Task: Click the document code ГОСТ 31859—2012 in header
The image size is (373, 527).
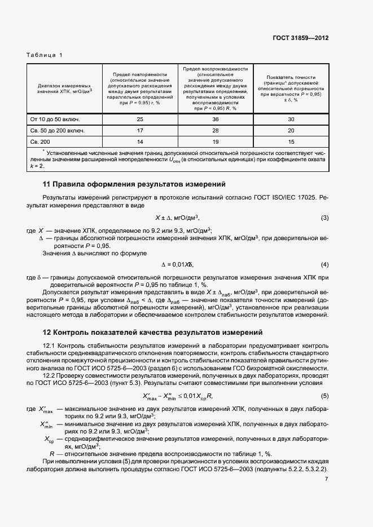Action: tap(300, 38)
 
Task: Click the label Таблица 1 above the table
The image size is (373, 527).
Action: tap(45, 55)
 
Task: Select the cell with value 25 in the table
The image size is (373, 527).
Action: tap(140, 119)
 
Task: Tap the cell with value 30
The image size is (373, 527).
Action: tap(291, 119)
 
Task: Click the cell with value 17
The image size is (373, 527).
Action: tap(140, 131)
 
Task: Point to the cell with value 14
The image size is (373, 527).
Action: tap(140, 142)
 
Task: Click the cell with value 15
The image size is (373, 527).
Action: tap(291, 142)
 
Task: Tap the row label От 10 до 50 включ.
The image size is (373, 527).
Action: tap(55, 119)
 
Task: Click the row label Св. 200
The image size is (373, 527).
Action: tap(40, 142)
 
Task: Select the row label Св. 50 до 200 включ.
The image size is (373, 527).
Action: tap(57, 131)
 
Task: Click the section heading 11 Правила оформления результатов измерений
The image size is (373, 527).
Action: tap(134, 184)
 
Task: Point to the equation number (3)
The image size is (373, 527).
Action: tap(324, 218)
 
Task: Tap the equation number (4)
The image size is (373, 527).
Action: tap(324, 264)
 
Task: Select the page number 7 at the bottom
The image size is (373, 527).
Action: tap(326, 479)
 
